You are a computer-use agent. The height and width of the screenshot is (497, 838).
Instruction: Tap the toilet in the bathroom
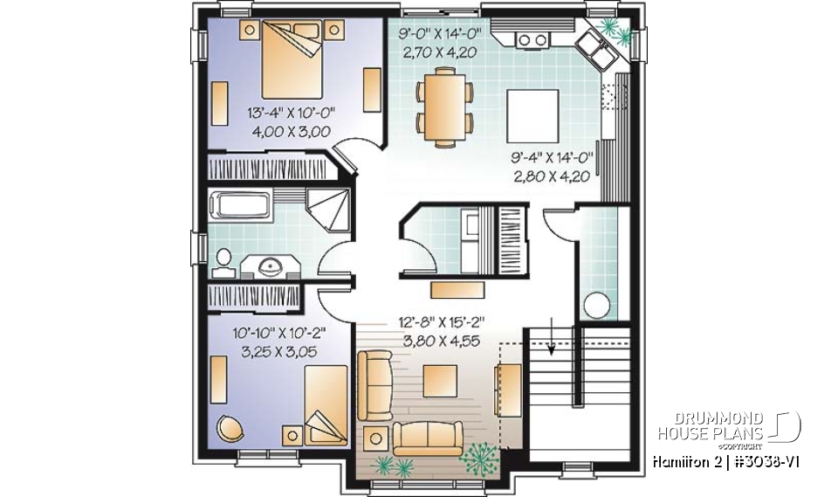223,259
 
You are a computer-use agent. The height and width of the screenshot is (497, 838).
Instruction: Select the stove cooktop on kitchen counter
531,38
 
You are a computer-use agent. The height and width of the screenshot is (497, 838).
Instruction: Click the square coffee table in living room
440,381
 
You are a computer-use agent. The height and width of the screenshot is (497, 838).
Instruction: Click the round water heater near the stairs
597,306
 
